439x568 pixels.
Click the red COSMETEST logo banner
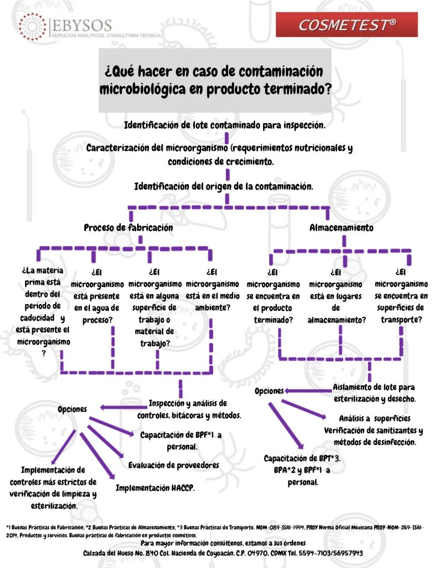click(x=346, y=24)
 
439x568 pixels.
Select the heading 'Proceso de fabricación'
click(x=128, y=227)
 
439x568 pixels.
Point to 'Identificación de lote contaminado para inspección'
click(x=224, y=125)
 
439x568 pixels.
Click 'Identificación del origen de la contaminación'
click(x=224, y=186)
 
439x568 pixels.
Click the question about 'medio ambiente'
click(x=211, y=290)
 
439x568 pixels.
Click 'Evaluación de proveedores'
click(x=174, y=465)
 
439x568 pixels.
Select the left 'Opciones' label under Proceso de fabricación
click(x=73, y=409)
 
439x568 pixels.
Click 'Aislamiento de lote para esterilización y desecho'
click(x=374, y=393)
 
